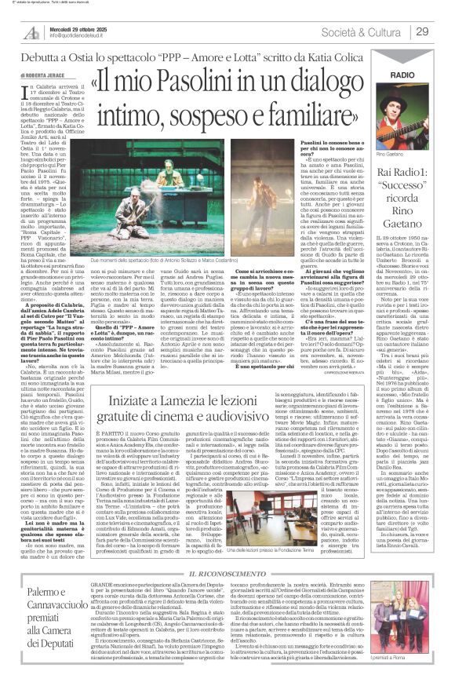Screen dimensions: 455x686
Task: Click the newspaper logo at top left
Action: tap(32, 32)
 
